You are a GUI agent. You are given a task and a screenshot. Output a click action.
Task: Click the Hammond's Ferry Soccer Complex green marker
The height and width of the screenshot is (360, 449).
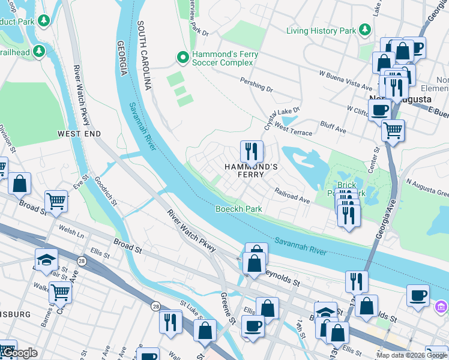pyautogui.click(x=184, y=58)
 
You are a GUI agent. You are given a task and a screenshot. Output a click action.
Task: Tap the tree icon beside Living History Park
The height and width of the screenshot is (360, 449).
pyautogui.click(x=364, y=30)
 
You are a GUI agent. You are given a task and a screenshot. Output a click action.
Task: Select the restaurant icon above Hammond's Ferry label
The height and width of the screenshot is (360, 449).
pyautogui.click(x=252, y=151)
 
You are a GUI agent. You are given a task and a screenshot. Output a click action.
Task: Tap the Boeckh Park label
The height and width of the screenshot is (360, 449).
pyautogui.click(x=239, y=209)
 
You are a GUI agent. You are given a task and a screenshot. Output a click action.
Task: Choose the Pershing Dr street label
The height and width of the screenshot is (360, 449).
pyautogui.click(x=257, y=84)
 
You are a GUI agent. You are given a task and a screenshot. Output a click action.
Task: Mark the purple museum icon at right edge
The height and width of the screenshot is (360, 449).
pyautogui.click(x=441, y=307)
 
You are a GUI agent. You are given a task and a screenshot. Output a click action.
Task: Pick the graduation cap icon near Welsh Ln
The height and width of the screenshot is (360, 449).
pyautogui.click(x=46, y=259)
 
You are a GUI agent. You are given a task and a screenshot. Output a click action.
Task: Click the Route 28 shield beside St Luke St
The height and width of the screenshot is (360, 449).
pyautogui.click(x=155, y=306)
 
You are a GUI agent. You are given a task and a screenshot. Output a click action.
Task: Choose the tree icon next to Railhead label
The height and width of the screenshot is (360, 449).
pyautogui.click(x=39, y=51)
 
